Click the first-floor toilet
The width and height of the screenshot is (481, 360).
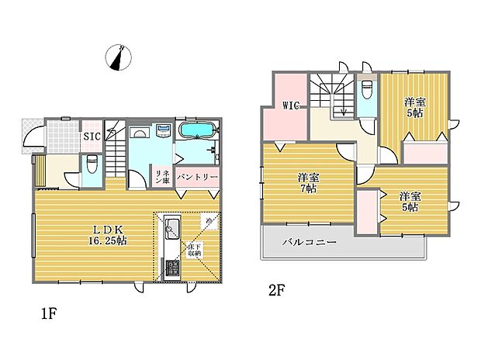pos(92,164)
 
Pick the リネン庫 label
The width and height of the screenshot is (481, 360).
pos(162,177)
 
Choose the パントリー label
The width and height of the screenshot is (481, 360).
pos(197,178)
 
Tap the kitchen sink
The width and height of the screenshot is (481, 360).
pos(171,230)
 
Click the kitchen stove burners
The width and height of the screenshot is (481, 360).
pos(171,268)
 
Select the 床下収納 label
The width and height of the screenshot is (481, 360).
pos(193,250)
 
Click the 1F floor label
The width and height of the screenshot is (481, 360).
pos(49,315)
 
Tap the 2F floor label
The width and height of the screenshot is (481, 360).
pos(277,291)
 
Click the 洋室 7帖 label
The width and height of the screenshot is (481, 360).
pos(308,183)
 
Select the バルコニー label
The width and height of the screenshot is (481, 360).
pos(310,243)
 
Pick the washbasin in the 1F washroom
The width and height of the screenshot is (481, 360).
pos(164,131)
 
